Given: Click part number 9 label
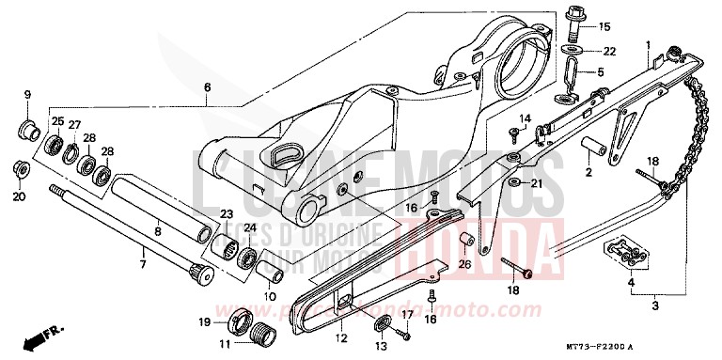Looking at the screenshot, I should [x=27, y=95].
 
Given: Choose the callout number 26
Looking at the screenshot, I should [x=463, y=264].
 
